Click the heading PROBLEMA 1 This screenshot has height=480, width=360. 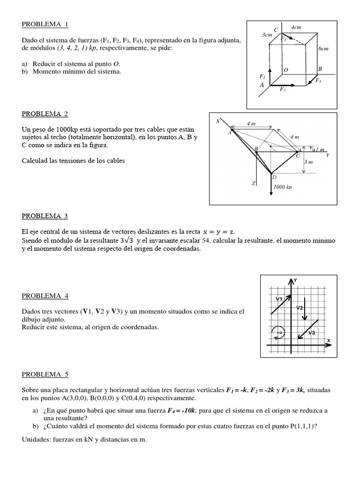click(45, 24)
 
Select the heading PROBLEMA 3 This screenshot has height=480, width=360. click(45, 216)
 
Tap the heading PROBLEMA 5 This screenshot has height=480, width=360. click(45, 374)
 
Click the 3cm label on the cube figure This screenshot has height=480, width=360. click(267, 35)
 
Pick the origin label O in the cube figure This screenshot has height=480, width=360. click(285, 69)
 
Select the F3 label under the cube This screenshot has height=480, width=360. click(283, 90)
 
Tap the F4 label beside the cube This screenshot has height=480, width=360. click(318, 81)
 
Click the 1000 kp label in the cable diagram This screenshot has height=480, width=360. click(283, 187)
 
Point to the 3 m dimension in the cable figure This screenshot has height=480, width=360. click(308, 162)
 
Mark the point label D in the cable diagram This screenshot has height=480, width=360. click(274, 178)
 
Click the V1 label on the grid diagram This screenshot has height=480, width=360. click(278, 299)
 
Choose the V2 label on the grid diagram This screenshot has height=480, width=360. click(300, 307)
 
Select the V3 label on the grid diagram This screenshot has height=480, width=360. click(311, 332)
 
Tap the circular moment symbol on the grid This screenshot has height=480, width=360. click(278, 332)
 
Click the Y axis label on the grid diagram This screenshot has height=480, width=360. click(295, 280)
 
